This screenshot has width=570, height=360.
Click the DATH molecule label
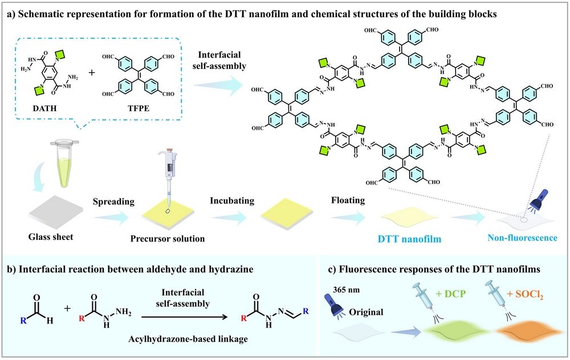pos(44,108)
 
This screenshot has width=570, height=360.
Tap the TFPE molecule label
pos(139,108)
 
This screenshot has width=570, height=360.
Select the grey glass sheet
pos(56,213)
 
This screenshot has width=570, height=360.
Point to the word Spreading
pos(113,202)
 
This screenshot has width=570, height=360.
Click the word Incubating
pos(232,201)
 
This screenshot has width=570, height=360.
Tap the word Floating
pos(348,200)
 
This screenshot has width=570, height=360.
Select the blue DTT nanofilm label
pos(409,239)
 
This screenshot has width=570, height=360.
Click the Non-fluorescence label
pos(522,238)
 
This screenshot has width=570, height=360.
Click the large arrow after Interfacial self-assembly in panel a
pos(218,87)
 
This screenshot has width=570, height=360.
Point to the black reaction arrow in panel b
pos(184,317)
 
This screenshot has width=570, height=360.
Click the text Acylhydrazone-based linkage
pos(188,339)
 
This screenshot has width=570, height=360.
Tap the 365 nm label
pos(346,290)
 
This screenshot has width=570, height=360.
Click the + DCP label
pos(450,293)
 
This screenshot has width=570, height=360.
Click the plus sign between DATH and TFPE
pos(92,73)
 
